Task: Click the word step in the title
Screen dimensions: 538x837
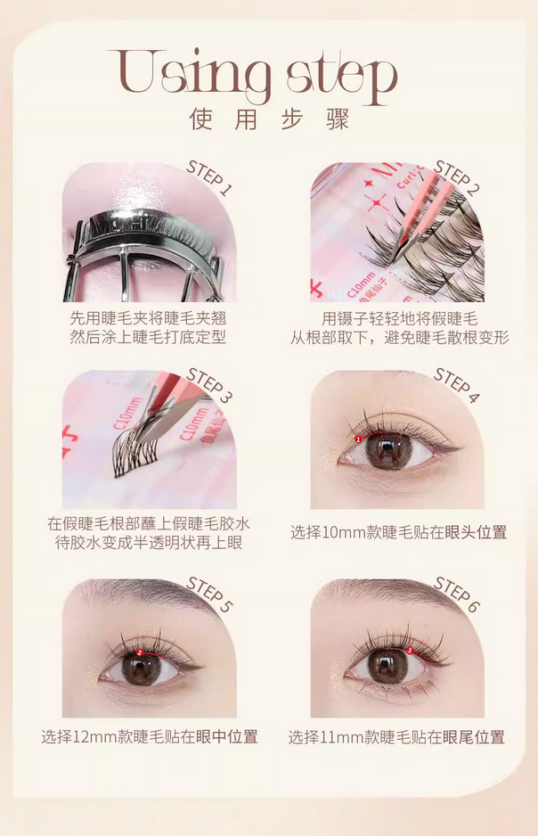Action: pos(342,78)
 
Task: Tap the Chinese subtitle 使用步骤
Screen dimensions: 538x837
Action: pos(269,119)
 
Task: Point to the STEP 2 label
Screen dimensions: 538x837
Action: pos(457,176)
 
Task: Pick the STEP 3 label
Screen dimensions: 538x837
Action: pos(209,385)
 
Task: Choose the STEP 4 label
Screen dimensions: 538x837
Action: pos(457,385)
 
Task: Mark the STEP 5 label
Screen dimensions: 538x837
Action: pos(209,595)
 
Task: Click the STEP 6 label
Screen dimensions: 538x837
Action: pos(457,595)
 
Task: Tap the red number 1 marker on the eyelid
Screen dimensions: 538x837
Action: pos(358,439)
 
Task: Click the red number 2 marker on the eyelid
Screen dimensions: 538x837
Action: pos(140,652)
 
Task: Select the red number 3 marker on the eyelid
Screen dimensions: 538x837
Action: pos(410,650)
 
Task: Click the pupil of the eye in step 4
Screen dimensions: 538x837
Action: pos(389,449)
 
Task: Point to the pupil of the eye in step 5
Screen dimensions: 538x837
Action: pos(141,668)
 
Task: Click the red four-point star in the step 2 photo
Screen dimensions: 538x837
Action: pos(377,201)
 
